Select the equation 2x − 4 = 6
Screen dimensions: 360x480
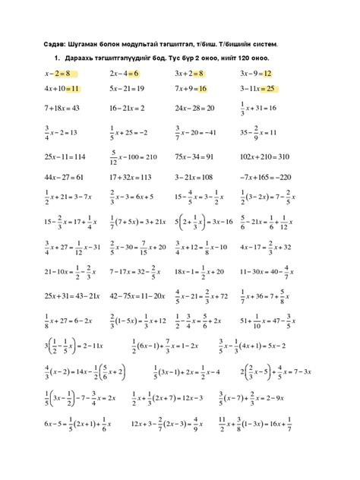click(x=124, y=74)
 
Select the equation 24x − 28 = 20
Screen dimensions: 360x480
click(x=194, y=108)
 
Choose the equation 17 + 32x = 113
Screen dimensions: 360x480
click(x=131, y=176)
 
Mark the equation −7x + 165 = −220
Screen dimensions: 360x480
click(x=266, y=176)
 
